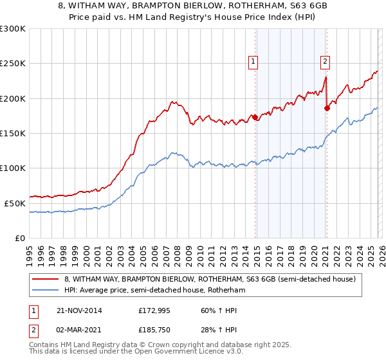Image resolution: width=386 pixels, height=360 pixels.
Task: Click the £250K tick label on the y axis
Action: pos(13,64)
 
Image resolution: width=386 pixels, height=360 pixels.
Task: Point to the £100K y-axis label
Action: pos(13,168)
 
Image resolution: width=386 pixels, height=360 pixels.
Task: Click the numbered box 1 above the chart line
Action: pos(253,62)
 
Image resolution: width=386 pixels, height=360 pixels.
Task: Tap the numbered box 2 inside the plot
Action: pos(326,62)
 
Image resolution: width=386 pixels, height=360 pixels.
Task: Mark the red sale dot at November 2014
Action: pos(255,117)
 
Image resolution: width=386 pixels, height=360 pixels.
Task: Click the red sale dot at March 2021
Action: pos(327,108)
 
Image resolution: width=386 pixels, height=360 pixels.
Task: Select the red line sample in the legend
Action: pos(46,279)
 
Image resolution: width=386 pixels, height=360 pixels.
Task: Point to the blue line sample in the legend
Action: pos(46,291)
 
